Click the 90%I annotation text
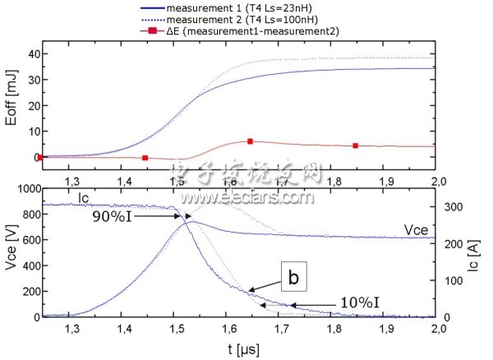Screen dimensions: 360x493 coord(117,216)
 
